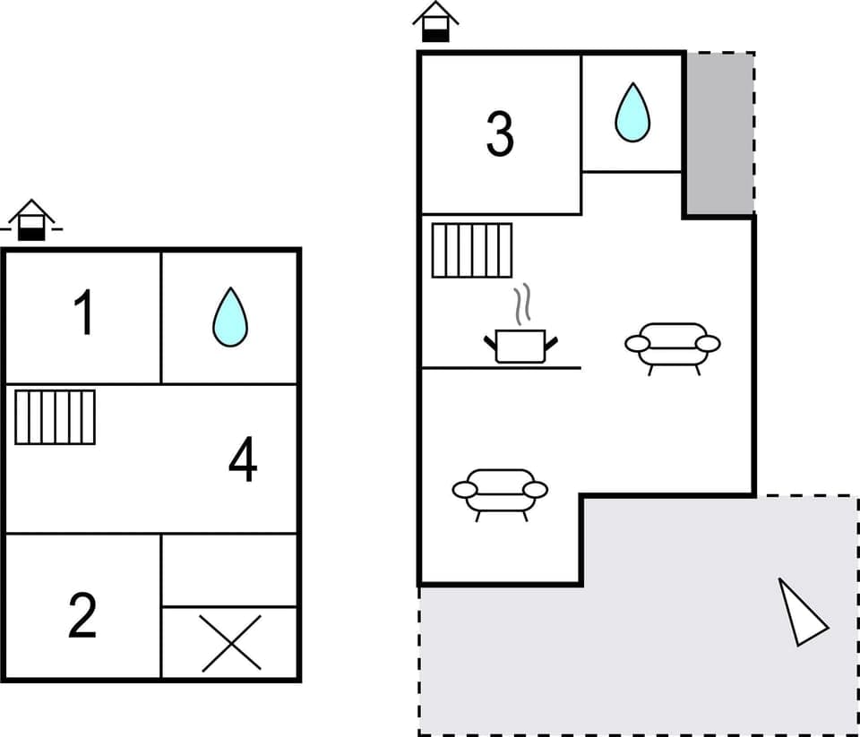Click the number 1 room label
(83, 313)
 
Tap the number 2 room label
(82, 615)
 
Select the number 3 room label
(500, 134)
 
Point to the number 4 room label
(243, 461)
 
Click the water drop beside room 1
(230, 317)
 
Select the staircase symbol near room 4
(55, 417)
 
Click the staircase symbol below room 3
(471, 251)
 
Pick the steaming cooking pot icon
(520, 345)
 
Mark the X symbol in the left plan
(231, 643)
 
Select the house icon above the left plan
(31, 220)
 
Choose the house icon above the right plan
(435, 21)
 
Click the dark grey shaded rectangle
(719, 133)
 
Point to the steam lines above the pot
(522, 304)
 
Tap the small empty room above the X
(229, 570)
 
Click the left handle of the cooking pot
(489, 341)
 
